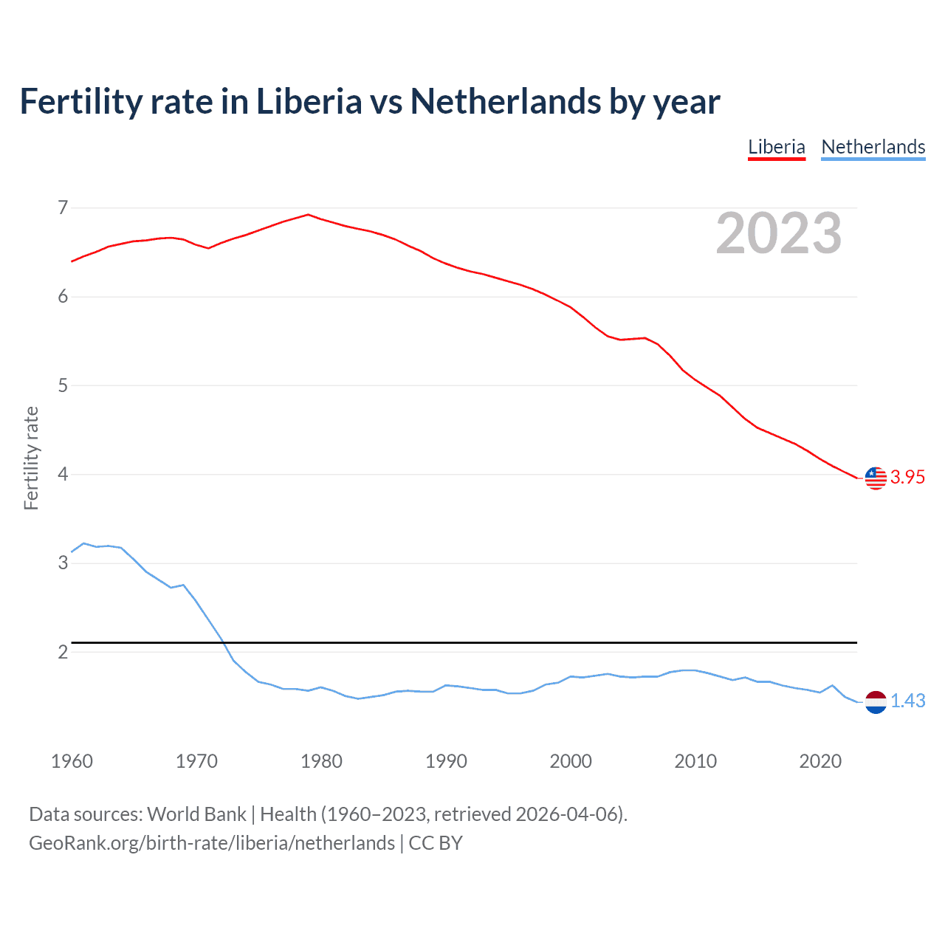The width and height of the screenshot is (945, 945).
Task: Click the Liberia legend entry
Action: point(776,147)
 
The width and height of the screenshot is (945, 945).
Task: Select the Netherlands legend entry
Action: point(873,147)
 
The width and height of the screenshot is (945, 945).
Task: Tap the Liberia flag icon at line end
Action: point(876,478)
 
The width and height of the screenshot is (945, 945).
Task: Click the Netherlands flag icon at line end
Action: point(876,702)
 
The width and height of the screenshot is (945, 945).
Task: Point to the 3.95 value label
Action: point(907,478)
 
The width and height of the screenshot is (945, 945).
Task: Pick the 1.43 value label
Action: point(907,701)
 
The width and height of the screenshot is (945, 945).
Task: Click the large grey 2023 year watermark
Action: point(778,234)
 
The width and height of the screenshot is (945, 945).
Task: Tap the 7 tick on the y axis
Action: point(63,208)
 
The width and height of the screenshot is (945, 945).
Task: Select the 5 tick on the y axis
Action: point(63,385)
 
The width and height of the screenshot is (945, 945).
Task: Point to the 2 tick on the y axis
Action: point(63,652)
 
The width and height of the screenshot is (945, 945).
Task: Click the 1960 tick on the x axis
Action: point(72,761)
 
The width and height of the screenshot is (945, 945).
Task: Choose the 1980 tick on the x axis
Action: point(321,761)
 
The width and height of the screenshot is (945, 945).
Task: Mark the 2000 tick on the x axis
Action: point(571,761)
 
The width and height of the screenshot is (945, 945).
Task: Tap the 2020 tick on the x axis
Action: point(820,761)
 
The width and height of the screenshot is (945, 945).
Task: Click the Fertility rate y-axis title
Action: point(31,458)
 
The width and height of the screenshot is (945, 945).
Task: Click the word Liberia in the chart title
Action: point(309,102)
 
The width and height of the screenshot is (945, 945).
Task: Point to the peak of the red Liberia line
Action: point(308,215)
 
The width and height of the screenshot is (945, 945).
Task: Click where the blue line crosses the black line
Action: point(222,642)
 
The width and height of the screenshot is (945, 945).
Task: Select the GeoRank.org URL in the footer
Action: point(212,843)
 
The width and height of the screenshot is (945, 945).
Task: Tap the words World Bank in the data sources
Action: point(196,814)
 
